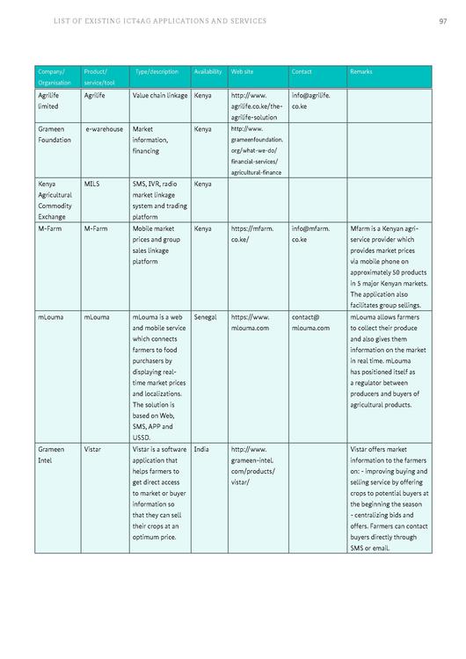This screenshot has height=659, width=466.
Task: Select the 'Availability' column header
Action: pos(208,70)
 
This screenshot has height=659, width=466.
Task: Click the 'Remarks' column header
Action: pos(360,70)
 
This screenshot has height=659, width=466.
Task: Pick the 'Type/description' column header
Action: pos(157,70)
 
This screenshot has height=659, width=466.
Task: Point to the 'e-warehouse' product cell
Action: pos(105,128)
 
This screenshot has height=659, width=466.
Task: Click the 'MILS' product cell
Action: pos(92,184)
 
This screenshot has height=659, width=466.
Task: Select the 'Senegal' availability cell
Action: pos(207,316)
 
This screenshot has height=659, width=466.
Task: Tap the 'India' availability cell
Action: pos(201,449)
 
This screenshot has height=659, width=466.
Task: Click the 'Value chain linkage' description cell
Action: pos(160,94)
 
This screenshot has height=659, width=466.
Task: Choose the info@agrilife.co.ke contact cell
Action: pos(311,99)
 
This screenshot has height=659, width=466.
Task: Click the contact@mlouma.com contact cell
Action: pos(310,322)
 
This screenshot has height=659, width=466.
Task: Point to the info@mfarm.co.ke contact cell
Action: pos(311,233)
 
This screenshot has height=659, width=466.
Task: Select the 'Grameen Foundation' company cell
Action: pos(55,134)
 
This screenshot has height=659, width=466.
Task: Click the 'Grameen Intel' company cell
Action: pos(51,454)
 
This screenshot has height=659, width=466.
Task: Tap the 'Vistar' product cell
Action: pos(92,449)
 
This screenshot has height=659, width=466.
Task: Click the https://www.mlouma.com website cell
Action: pos(251,322)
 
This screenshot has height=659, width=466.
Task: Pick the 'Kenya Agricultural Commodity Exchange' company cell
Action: pos(57,199)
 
